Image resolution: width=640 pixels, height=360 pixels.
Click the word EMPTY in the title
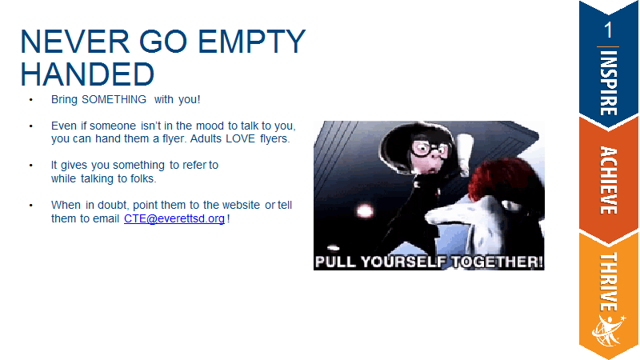[x=251, y=42]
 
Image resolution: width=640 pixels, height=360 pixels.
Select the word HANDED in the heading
[x=87, y=74]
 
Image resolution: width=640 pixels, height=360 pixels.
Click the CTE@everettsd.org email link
[x=174, y=218]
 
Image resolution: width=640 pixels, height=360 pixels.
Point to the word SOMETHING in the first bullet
[x=114, y=99]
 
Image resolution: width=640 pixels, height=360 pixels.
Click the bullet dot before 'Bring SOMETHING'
[x=30, y=100]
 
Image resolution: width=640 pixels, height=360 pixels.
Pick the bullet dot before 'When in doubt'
[x=30, y=206]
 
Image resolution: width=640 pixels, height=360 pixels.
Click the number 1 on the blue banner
[x=608, y=30]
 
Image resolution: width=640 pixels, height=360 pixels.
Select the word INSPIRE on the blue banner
[x=609, y=83]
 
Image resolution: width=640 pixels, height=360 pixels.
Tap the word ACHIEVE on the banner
[x=609, y=181]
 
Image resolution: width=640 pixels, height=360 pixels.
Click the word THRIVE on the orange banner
[x=609, y=282]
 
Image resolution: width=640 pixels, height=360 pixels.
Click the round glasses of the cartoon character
[x=430, y=149]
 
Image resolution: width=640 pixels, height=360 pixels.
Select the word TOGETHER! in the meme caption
[x=497, y=262]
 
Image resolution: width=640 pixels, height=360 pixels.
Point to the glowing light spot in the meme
[x=365, y=211]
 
